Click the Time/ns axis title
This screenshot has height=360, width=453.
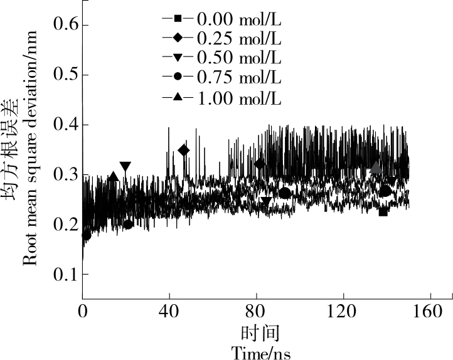260,352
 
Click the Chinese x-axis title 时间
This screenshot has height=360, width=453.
260,332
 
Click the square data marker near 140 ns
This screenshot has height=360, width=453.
383,212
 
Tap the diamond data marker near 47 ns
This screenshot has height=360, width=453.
184,150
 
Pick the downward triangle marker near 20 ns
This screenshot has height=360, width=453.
125,166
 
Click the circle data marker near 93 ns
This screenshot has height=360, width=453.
285,193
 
